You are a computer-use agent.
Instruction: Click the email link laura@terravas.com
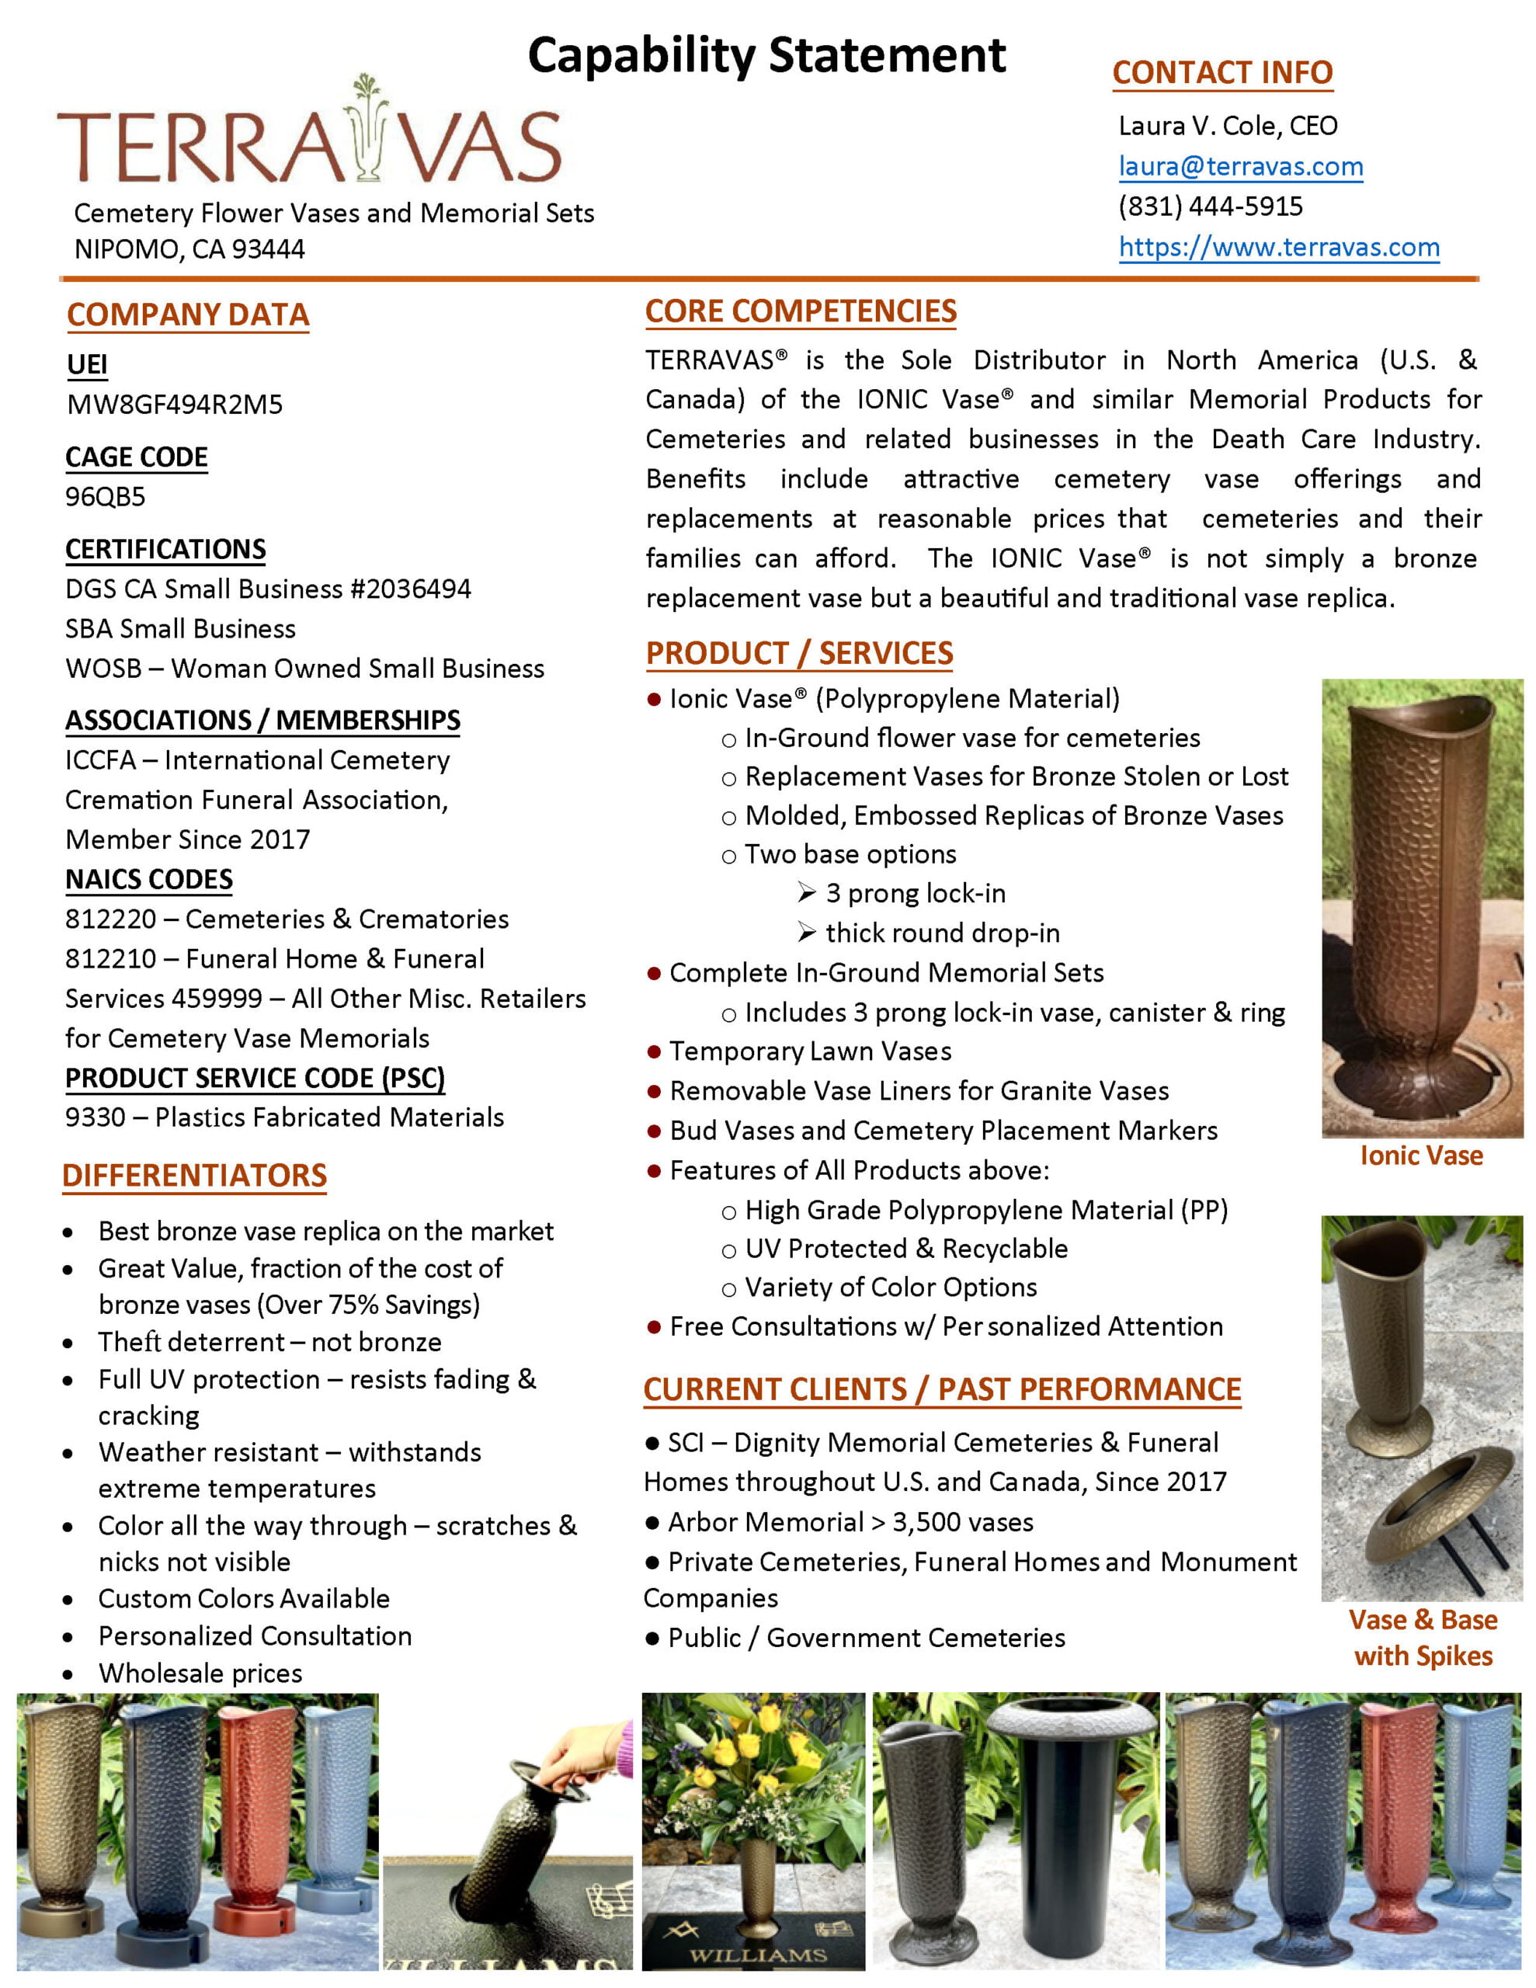click(x=1240, y=167)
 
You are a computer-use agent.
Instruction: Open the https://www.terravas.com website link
click(x=1278, y=247)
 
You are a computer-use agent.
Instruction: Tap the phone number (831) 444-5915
click(x=1210, y=207)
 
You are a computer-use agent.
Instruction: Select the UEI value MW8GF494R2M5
click(x=174, y=404)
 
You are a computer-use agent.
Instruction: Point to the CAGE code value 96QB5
click(x=105, y=497)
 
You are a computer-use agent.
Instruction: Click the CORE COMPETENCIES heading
click(x=801, y=311)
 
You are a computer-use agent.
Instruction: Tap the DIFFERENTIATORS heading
click(x=194, y=1175)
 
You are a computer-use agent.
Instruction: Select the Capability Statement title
click(x=766, y=56)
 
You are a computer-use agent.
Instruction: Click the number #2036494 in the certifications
click(x=411, y=589)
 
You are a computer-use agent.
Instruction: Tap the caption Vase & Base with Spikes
click(x=1422, y=1638)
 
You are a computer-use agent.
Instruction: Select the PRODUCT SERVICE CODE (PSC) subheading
click(x=255, y=1078)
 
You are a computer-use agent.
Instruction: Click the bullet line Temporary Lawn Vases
click(x=809, y=1051)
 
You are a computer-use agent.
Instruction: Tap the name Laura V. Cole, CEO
click(x=1228, y=126)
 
